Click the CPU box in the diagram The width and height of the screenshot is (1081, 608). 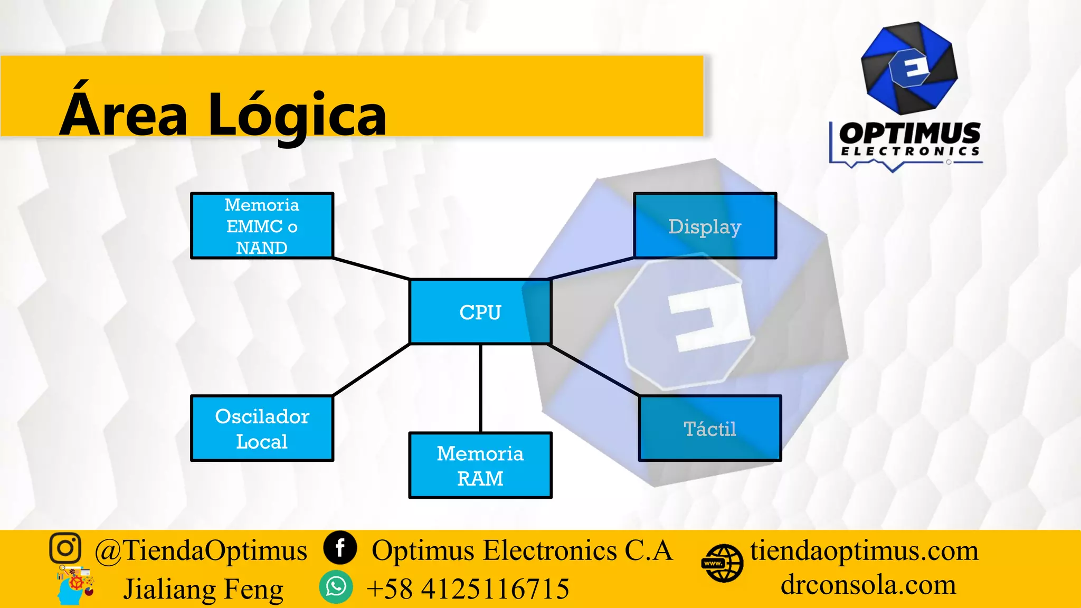[480, 312]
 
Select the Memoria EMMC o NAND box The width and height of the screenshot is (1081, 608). [262, 226]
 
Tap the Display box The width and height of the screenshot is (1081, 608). [705, 226]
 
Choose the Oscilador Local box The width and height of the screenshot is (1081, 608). [262, 429]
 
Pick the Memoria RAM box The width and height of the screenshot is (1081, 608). [480, 465]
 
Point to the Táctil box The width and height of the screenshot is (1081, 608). [709, 429]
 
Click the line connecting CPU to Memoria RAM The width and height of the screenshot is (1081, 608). [480, 388]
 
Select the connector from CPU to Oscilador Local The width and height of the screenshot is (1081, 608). [372, 369]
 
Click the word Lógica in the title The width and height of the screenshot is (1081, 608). [297, 115]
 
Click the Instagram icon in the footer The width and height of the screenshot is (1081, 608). [65, 548]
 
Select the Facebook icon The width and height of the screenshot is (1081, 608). [340, 548]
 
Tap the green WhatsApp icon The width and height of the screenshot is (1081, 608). [336, 587]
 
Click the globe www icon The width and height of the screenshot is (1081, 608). [722, 564]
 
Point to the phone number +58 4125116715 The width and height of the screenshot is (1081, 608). [468, 589]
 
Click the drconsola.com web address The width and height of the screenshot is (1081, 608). [868, 585]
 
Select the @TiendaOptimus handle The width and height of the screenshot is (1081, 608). [201, 551]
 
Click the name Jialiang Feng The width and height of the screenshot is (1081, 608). [203, 589]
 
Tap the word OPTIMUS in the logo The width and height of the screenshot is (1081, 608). [909, 133]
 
